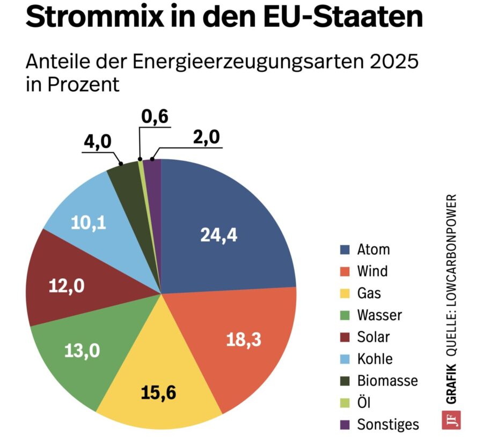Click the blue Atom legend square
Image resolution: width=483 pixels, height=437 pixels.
(x=346, y=250)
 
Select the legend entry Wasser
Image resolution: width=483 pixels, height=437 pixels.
(x=379, y=315)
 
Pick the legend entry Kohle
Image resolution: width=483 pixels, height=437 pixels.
(x=374, y=359)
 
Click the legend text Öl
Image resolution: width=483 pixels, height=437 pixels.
(x=363, y=403)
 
